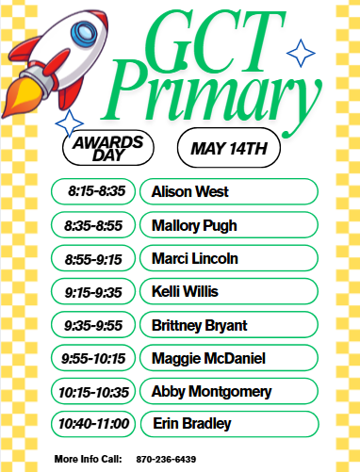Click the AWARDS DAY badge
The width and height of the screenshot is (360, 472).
108,148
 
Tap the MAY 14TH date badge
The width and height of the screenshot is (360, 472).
229,148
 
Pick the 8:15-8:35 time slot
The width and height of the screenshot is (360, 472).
95,191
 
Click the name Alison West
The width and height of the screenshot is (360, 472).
189,191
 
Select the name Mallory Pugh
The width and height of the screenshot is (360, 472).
194,225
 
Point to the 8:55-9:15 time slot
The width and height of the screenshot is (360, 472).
93,258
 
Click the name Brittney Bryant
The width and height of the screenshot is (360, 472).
199,325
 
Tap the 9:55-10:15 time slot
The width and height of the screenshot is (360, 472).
93,358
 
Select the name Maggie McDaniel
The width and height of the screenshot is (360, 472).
208,358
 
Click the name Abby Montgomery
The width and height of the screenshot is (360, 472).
211,391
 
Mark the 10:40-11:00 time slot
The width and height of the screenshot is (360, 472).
93,424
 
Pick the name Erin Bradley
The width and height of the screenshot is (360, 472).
191,424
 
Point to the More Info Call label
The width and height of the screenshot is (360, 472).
89,458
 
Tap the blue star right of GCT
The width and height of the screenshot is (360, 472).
301,54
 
